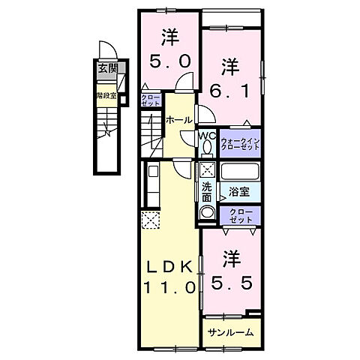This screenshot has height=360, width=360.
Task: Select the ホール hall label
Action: pyautogui.click(x=178, y=120)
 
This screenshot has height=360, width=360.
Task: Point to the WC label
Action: pyautogui.click(x=207, y=135)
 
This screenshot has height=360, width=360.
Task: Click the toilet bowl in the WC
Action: pyautogui.click(x=208, y=148)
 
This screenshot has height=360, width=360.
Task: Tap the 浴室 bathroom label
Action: pyautogui.click(x=238, y=192)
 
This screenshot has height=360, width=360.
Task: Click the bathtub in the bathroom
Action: pyautogui.click(x=239, y=172)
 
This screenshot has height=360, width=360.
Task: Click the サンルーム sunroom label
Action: pyautogui.click(x=229, y=331)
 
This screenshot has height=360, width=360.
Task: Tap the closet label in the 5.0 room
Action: pyautogui.click(x=149, y=99)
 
